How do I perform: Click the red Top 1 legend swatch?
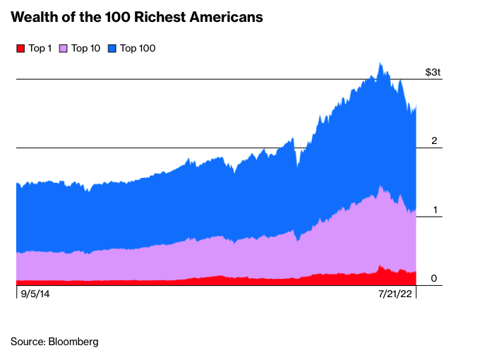(20, 49)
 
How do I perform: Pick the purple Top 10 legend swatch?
(63, 49)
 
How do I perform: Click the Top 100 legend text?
(138, 49)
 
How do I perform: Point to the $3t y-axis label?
(433, 72)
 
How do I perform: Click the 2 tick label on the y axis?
(435, 140)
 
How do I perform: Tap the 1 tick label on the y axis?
(435, 210)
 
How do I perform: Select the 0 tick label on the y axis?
(435, 278)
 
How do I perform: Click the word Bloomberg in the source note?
(73, 342)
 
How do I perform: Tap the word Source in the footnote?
(27, 342)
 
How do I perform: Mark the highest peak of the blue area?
(380, 63)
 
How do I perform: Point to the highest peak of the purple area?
(380, 187)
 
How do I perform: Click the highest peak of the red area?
(380, 267)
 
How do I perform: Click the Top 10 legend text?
(85, 49)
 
